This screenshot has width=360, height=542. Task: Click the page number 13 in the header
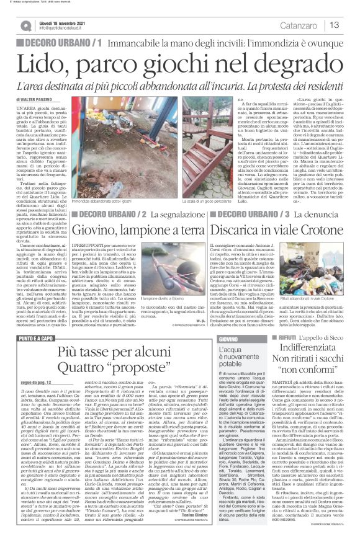pos(335,25)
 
